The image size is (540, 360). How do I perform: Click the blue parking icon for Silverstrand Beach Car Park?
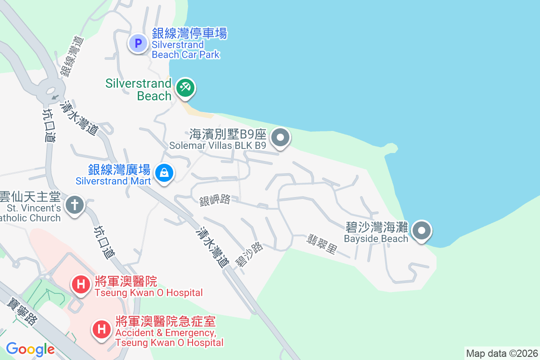tap(138, 44)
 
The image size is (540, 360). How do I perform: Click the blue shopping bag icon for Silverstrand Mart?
tap(164, 172)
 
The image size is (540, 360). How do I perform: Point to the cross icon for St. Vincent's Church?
tap(75, 205)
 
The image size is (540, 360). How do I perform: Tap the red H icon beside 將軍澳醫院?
tap(81, 284)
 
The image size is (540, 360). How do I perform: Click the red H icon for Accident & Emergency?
tap(102, 329)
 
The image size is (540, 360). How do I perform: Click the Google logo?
tap(30, 349)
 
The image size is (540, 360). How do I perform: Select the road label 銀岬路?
tap(215, 200)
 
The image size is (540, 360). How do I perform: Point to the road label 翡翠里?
tap(322, 244)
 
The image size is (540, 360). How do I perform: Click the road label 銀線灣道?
tap(72, 56)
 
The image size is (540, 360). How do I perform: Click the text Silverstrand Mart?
tap(113, 181)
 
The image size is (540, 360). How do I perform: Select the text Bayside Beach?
tap(376, 238)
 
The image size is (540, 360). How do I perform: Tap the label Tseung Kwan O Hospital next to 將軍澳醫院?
tap(148, 292)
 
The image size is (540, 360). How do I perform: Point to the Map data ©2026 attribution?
tap(502, 353)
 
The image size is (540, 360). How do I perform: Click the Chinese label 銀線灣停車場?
tap(189, 33)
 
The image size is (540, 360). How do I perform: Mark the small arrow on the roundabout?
tap(55, 96)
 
